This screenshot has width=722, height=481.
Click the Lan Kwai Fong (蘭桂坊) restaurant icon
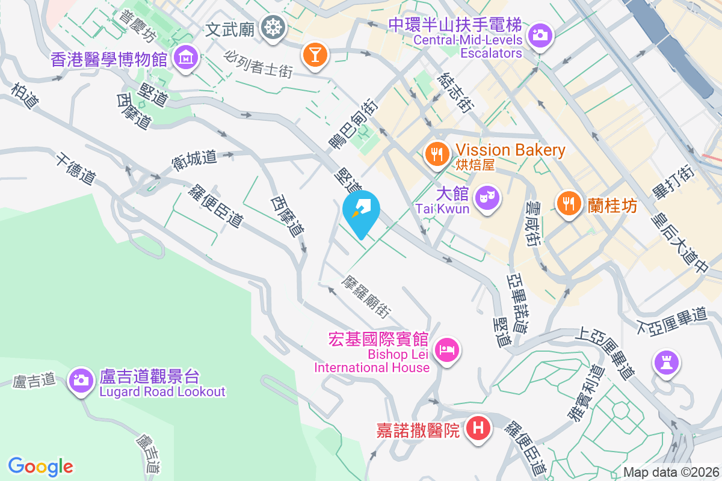coord(568,203)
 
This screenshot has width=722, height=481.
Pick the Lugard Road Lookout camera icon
coord(79,379)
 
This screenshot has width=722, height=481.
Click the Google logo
coord(40,466)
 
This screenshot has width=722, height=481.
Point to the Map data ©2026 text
coord(670,473)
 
